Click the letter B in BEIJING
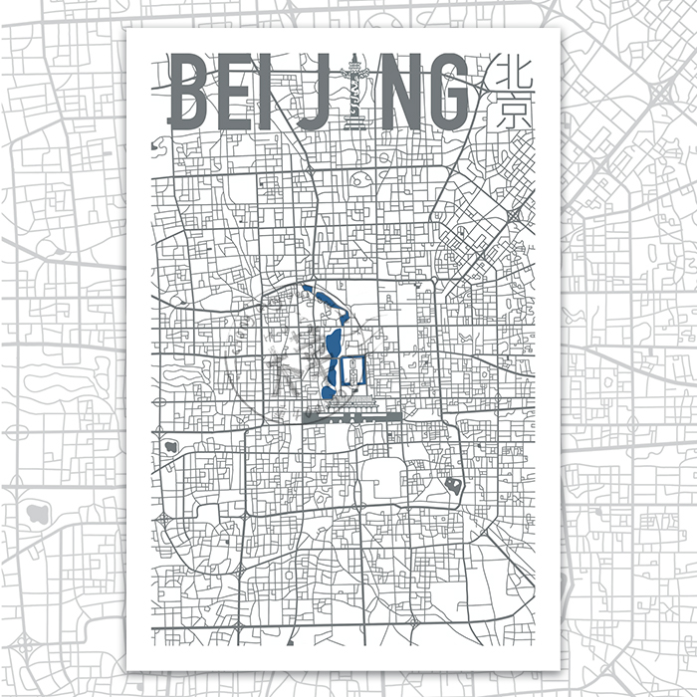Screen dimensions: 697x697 pyautogui.click(x=195, y=92)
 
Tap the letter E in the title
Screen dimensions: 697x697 pyautogui.click(x=240, y=92)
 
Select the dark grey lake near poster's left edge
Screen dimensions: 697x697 pyautogui.click(x=170, y=446)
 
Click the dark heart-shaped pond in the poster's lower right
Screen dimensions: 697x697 pyautogui.click(x=453, y=487)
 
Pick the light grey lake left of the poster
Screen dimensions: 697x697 pyautogui.click(x=40, y=514)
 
